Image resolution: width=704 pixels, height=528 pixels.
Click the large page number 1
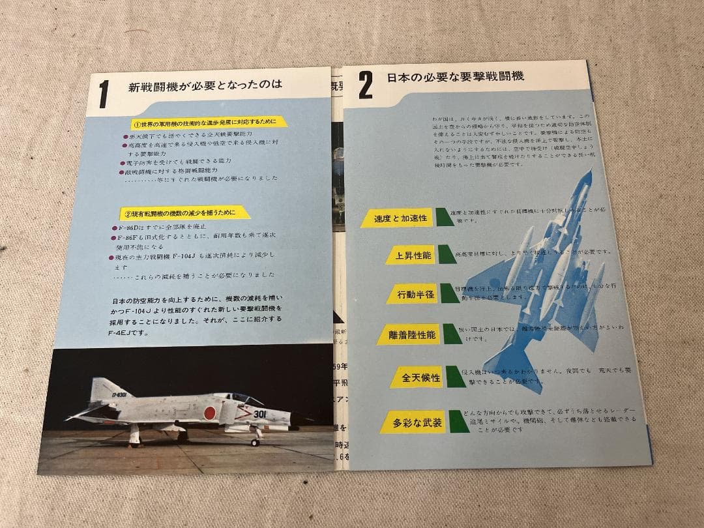[x=103, y=95]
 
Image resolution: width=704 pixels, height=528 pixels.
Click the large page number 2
[x=366, y=85]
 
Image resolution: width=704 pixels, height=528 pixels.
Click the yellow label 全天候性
[x=421, y=378]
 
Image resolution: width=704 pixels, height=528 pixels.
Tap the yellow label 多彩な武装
[x=418, y=422]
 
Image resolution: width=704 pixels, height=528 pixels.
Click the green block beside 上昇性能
[x=448, y=254]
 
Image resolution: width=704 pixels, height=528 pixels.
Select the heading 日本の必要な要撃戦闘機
[x=454, y=77]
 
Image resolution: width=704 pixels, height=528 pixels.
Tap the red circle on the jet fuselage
[x=210, y=412]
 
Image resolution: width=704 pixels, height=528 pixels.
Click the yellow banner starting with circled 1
[x=205, y=123]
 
